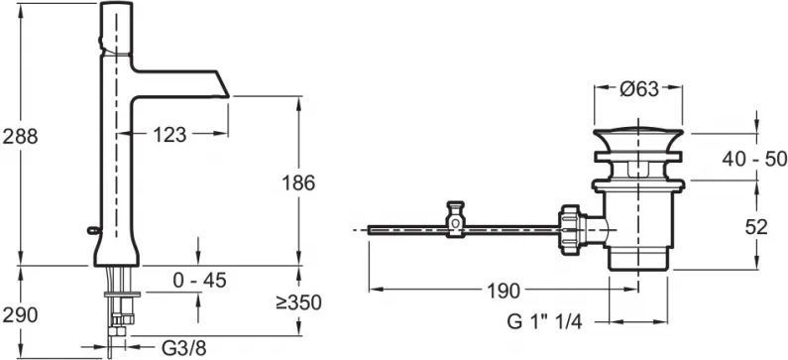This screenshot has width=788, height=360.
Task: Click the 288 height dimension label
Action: [20, 136]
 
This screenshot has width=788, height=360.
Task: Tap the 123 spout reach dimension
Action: [169, 134]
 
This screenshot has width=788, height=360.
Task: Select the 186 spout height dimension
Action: [298, 183]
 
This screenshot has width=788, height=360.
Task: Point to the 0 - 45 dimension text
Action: [199, 281]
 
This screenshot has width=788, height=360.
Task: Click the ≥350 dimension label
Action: [298, 303]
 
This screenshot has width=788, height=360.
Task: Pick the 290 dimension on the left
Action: [20, 315]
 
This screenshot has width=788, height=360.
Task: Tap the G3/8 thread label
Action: [184, 347]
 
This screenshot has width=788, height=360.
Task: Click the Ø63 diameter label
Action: [638, 89]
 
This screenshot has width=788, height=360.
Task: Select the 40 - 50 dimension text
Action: [755, 160]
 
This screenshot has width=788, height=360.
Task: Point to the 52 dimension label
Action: [756, 228]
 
